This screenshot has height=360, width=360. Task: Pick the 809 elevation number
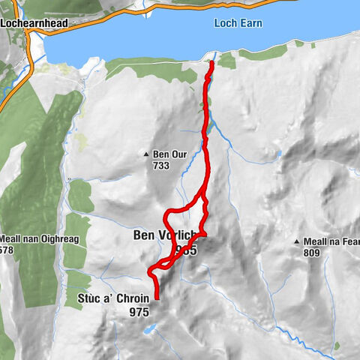point(312,253)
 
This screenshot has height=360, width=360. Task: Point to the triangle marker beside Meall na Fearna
point(298,242)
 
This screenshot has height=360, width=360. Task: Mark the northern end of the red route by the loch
point(211,63)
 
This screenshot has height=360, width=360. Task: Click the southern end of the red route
point(157,298)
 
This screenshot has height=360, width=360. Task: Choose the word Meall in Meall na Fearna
point(316,242)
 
